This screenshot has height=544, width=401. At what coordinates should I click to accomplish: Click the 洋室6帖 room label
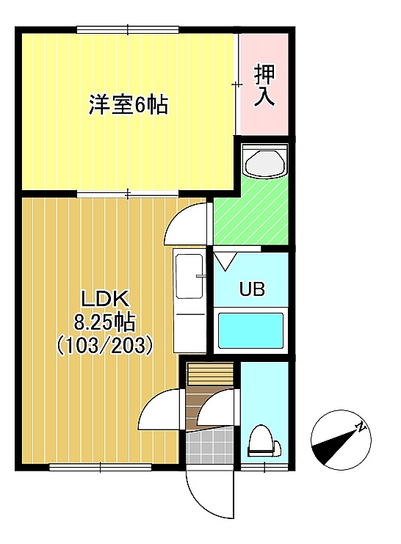pos(128,104)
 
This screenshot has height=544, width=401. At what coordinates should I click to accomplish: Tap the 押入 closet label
pos(264,84)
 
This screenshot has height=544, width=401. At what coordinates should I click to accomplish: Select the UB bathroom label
pos(252,289)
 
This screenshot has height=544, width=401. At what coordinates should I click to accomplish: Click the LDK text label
pos(105,300)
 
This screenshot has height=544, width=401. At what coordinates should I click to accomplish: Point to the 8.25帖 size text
pos(104,323)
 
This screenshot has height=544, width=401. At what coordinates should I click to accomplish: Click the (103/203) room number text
pos(104,345)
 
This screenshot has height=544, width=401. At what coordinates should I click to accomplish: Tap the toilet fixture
pos(264,441)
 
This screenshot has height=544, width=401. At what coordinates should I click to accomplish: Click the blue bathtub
pos(250,330)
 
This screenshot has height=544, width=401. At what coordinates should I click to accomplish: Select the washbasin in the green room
pos(265,162)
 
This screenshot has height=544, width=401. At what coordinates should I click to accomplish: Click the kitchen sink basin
pos(189,276)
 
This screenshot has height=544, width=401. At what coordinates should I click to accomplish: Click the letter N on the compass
pos(362,427)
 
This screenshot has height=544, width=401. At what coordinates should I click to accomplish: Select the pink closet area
pos(264,84)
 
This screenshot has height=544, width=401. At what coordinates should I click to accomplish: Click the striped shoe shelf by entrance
pos(210,374)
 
